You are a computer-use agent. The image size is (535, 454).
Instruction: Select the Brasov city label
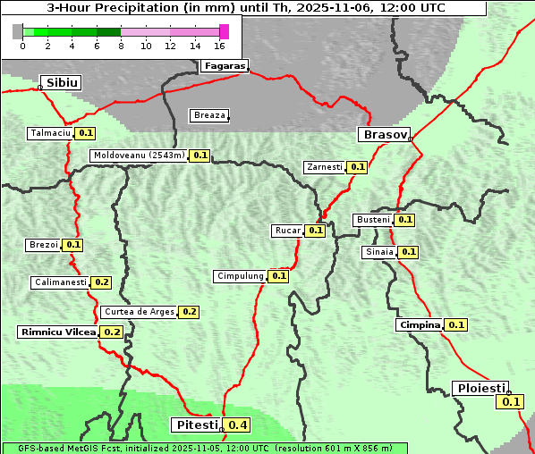(x=384, y=135)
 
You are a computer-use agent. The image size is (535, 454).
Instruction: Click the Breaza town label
(x=209, y=115)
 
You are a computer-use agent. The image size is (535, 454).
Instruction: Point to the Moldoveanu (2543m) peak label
(x=139, y=156)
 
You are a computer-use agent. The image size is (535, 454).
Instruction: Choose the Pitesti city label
(x=195, y=425)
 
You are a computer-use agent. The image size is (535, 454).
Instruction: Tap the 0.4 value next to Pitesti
(x=238, y=425)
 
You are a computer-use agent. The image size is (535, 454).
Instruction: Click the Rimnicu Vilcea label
(x=57, y=332)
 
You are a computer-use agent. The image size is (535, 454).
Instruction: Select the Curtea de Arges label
(x=138, y=312)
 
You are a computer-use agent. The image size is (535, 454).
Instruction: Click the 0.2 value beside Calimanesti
(x=101, y=282)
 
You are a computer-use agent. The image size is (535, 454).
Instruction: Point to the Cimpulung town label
(x=240, y=276)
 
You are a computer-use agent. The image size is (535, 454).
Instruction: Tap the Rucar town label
(x=287, y=231)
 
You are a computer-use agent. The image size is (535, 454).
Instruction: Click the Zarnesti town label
(x=324, y=167)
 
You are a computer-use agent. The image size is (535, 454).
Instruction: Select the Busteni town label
(x=372, y=220)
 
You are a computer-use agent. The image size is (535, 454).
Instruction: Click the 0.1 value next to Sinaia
(x=408, y=252)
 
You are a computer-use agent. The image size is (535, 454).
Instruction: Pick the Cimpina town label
(x=420, y=325)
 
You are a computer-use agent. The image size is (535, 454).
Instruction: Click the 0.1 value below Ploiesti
(x=511, y=402)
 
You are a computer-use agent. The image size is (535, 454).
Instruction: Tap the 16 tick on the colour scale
(x=220, y=46)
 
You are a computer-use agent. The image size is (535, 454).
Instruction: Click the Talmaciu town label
(x=49, y=133)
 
